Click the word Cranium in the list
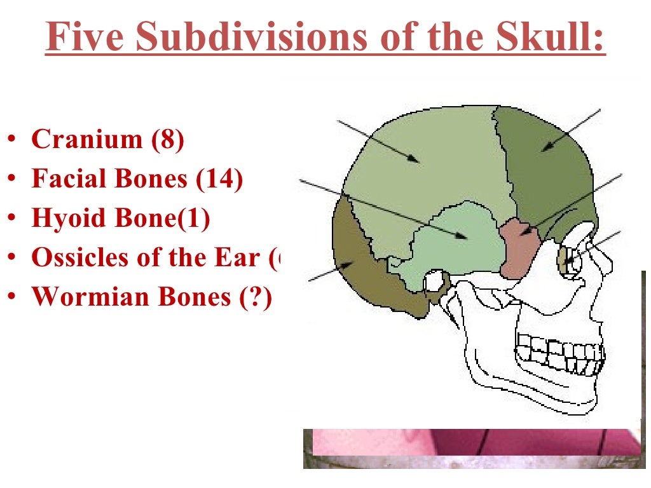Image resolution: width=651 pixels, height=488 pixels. click(88, 139)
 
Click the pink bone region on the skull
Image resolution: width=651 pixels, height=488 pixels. click(519, 248)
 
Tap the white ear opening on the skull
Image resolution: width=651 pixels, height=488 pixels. click(436, 280)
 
